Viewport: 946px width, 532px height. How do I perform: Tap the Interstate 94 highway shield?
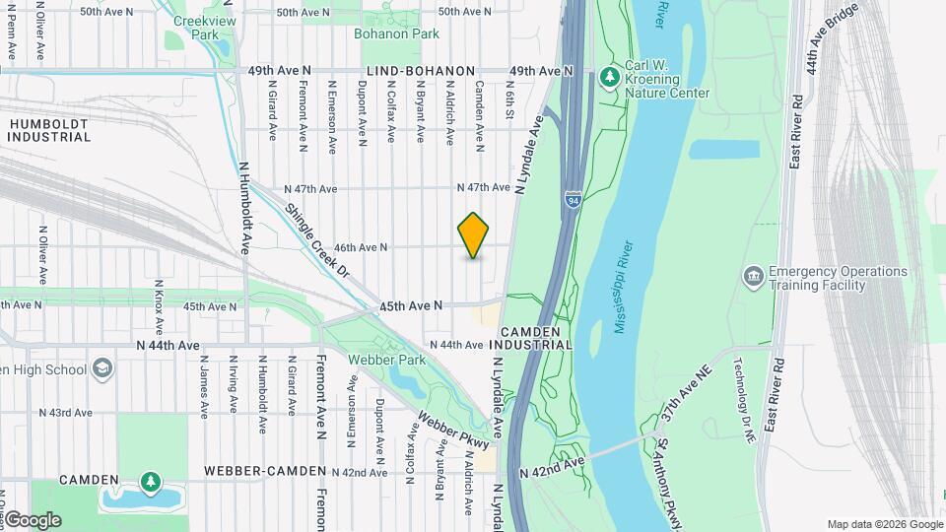click(573, 200)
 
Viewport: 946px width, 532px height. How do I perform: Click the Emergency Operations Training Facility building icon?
click(753, 273)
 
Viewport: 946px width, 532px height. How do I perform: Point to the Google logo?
click(33, 520)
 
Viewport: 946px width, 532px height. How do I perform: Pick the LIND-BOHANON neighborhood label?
click(421, 72)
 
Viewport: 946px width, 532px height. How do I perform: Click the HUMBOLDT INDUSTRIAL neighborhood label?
click(49, 130)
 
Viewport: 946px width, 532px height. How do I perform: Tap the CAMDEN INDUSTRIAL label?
click(536, 339)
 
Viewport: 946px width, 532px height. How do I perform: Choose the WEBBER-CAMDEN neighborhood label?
click(265, 472)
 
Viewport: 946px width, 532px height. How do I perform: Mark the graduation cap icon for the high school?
click(101, 369)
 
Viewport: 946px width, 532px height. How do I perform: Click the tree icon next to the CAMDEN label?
click(150, 481)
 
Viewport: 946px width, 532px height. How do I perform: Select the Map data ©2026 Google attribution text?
click(884, 524)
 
